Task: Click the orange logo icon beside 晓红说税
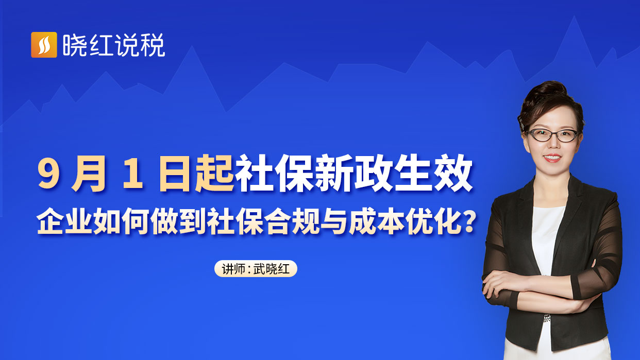tap(44, 45)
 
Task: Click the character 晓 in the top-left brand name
tap(75, 45)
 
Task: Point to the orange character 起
tap(214, 173)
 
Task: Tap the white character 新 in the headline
tap(334, 173)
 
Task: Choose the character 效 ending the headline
tap(453, 173)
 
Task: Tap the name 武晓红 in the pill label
tap(272, 269)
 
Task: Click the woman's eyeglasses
tap(552, 135)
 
